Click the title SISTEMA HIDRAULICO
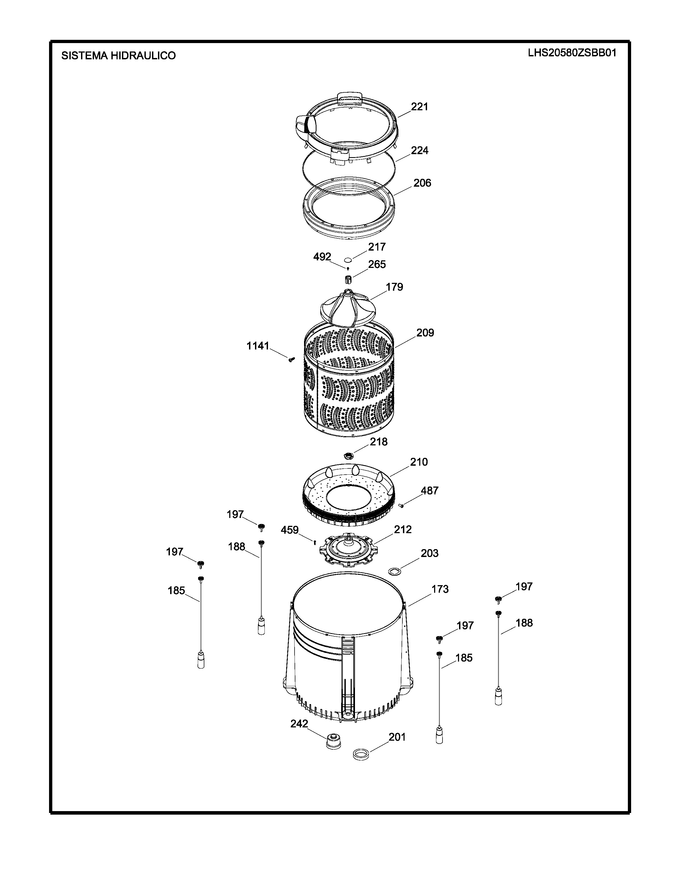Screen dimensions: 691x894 [118, 56]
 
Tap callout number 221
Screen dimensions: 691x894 [419, 107]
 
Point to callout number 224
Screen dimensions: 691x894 [419, 151]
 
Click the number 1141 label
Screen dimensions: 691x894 [258, 346]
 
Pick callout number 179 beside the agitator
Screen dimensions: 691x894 [395, 287]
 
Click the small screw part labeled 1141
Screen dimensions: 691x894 [292, 359]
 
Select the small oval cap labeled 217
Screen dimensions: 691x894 [348, 260]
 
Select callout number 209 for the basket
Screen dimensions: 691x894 [425, 333]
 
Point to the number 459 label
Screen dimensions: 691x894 [290, 530]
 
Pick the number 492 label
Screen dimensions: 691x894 [322, 257]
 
